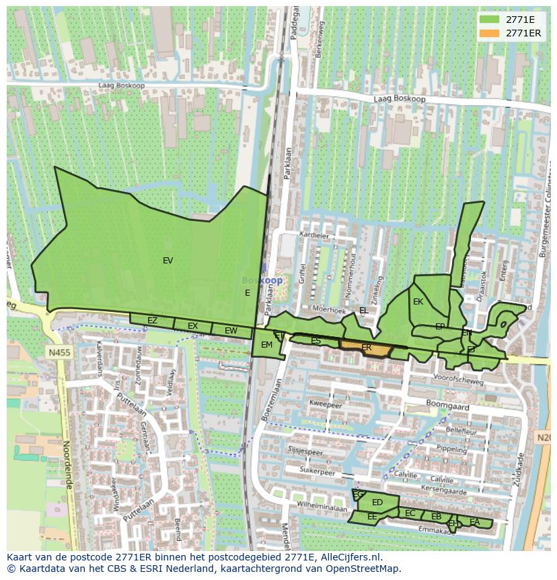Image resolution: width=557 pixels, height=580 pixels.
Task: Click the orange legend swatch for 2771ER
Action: pyautogui.click(x=489, y=33)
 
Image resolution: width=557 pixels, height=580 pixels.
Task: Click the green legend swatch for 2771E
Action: pyautogui.click(x=489, y=20)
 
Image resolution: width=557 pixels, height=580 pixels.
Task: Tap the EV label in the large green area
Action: pyautogui.click(x=168, y=261)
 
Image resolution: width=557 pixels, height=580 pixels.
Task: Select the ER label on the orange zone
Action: pyautogui.click(x=367, y=348)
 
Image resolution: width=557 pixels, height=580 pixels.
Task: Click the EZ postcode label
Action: pyautogui.click(x=152, y=321)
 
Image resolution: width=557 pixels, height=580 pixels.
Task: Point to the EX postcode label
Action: pyautogui.click(x=193, y=326)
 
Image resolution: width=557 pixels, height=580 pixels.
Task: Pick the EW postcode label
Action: pyautogui.click(x=231, y=331)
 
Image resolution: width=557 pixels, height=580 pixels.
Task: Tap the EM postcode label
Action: pyautogui.click(x=266, y=345)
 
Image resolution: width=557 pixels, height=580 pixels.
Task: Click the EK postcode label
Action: pyautogui.click(x=418, y=302)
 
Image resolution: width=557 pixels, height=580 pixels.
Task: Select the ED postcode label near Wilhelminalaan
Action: pyautogui.click(x=377, y=503)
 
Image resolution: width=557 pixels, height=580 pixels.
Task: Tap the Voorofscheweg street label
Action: pyautogui.click(x=459, y=381)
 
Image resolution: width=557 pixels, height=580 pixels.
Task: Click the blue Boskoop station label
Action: pyautogui.click(x=262, y=280)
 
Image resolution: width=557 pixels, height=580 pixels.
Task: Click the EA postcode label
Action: pyautogui.click(x=475, y=522)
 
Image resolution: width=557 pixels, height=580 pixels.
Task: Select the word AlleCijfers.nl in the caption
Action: pyautogui.click(x=349, y=557)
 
